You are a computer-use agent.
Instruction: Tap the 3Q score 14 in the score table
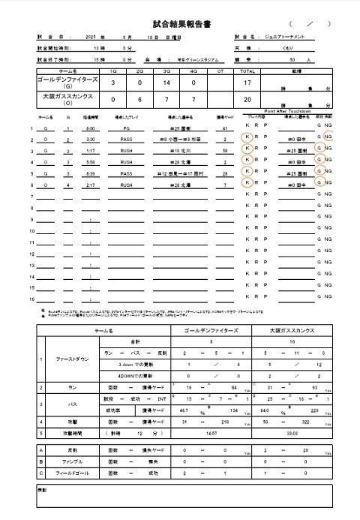point(166,83)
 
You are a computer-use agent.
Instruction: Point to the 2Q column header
point(139,71)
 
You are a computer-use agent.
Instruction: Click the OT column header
point(220,71)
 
